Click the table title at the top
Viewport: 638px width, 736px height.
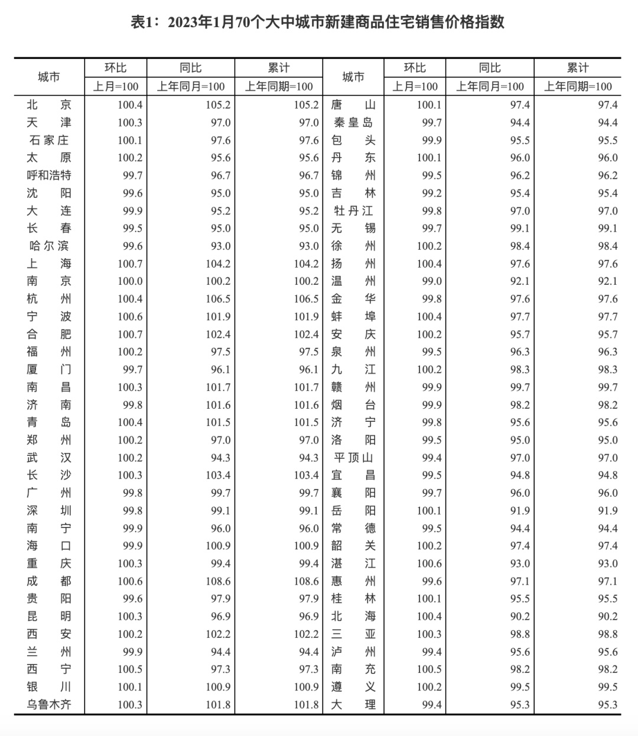(317, 22)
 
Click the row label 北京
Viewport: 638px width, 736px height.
(49, 105)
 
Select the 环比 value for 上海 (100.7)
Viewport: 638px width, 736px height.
(130, 263)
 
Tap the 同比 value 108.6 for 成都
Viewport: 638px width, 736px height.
(218, 581)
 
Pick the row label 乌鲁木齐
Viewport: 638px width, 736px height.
(49, 705)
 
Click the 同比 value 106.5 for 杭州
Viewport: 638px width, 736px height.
(218, 299)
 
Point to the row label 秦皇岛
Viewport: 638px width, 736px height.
(353, 122)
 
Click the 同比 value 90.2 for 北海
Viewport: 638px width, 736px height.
(520, 616)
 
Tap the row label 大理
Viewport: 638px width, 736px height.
(353, 705)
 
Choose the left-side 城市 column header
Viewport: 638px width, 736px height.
(49, 77)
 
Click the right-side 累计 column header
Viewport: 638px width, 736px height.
(577, 68)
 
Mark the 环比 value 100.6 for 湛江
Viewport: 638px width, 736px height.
(429, 564)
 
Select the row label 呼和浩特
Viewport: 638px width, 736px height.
(49, 175)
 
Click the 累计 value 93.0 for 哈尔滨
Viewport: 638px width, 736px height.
(307, 246)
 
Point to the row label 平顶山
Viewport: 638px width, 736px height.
(353, 458)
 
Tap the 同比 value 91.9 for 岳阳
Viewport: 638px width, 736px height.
(520, 510)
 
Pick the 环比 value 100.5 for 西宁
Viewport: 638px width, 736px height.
(130, 669)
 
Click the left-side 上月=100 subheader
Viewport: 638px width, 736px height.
(116, 86)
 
